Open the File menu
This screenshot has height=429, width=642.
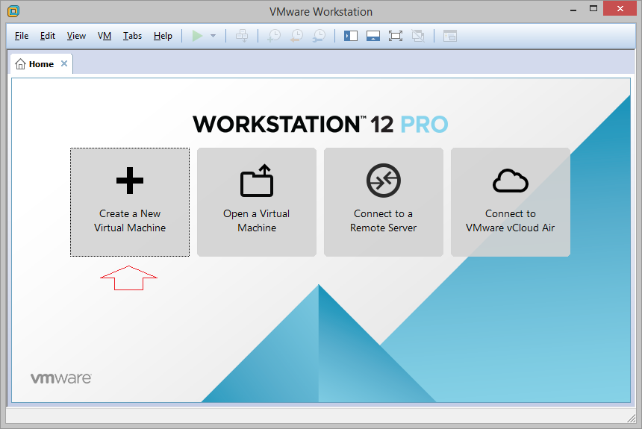(x=22, y=36)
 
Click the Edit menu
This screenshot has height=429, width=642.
(x=48, y=36)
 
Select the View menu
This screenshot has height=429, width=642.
(x=76, y=36)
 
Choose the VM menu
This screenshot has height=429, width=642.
(x=105, y=36)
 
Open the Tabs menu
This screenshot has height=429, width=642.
(x=132, y=36)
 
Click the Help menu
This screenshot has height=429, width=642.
(x=163, y=36)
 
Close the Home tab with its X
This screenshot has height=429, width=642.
(x=64, y=63)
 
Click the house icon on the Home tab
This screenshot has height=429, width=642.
(x=20, y=64)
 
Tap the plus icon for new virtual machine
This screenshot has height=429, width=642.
(x=130, y=181)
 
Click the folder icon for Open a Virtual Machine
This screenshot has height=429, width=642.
(x=257, y=181)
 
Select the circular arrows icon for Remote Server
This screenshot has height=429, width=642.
(x=384, y=181)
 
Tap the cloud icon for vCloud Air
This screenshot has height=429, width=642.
(x=511, y=181)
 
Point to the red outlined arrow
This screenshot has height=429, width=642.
(x=128, y=278)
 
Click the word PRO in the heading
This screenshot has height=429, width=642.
(x=424, y=125)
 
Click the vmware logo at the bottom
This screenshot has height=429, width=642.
(x=61, y=378)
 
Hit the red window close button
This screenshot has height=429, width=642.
(x=620, y=8)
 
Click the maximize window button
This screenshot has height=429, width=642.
(x=593, y=8)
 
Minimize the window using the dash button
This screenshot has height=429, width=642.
(x=573, y=10)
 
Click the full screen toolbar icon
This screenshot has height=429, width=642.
(x=396, y=36)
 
